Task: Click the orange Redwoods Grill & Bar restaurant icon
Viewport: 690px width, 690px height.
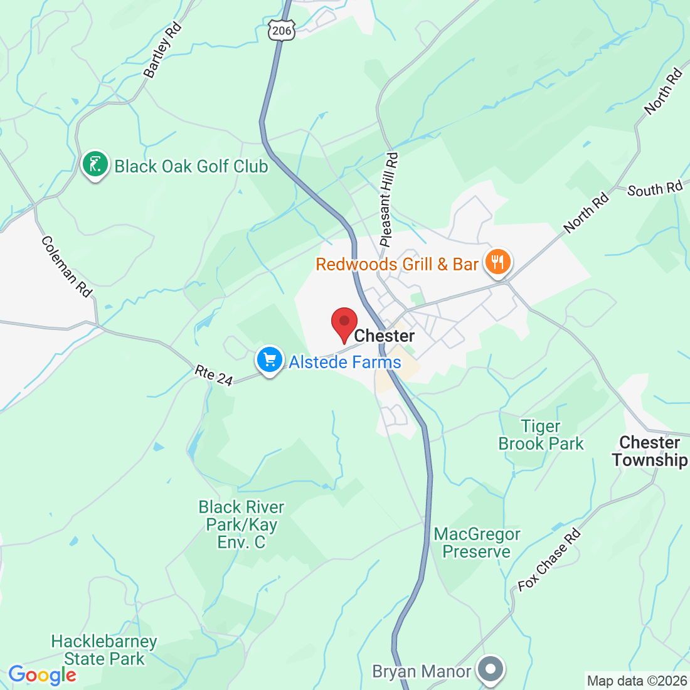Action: (x=498, y=262)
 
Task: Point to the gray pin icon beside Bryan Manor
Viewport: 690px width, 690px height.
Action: (x=491, y=669)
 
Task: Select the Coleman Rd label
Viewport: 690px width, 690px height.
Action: (x=67, y=266)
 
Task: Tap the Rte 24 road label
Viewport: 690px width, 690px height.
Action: (x=214, y=375)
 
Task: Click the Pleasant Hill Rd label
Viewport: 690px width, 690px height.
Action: (x=389, y=200)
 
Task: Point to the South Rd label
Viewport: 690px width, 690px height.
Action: (x=654, y=189)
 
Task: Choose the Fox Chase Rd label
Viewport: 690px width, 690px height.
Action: (x=549, y=560)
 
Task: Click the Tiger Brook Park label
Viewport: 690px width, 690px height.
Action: (x=541, y=435)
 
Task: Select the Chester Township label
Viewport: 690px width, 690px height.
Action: (x=650, y=451)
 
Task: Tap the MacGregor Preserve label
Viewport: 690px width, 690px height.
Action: (x=477, y=543)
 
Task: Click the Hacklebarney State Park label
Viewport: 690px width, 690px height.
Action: (x=104, y=650)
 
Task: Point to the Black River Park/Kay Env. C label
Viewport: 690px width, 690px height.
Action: (x=242, y=524)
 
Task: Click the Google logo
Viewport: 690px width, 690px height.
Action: (x=42, y=675)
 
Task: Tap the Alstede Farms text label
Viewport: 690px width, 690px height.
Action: (x=344, y=362)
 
